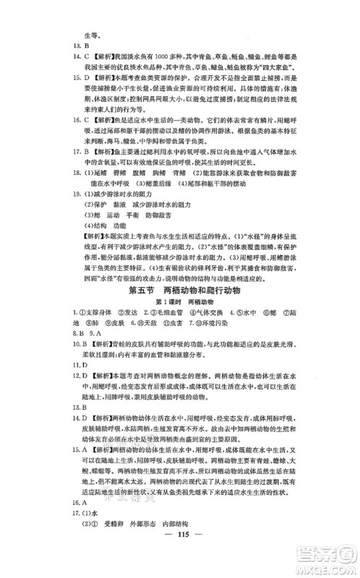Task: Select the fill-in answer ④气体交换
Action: pos(203,312)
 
